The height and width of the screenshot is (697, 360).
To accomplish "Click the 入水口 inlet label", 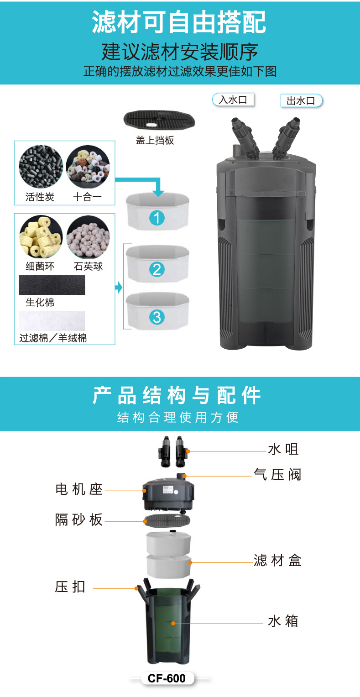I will click(x=233, y=100).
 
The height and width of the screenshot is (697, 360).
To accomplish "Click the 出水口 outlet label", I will click(x=301, y=101).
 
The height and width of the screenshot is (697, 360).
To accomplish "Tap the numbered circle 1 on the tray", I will click(x=157, y=218).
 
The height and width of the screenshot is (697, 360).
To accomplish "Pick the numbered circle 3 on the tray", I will click(x=157, y=317).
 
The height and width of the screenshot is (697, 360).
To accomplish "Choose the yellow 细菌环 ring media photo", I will click(x=41, y=237).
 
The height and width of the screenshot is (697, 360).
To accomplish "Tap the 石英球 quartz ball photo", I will click(x=88, y=237).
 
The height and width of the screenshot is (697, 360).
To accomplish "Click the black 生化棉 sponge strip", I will click(x=52, y=285).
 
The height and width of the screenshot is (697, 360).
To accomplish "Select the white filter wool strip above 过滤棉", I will click(x=52, y=321).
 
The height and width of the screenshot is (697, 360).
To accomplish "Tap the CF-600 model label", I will click(x=167, y=678).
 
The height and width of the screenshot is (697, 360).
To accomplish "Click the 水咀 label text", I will click(x=283, y=450).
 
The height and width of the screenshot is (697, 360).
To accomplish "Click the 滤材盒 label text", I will click(x=277, y=560).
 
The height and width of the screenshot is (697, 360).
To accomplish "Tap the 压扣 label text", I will click(x=71, y=587).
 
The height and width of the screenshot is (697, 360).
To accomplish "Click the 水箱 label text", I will click(x=283, y=621).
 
